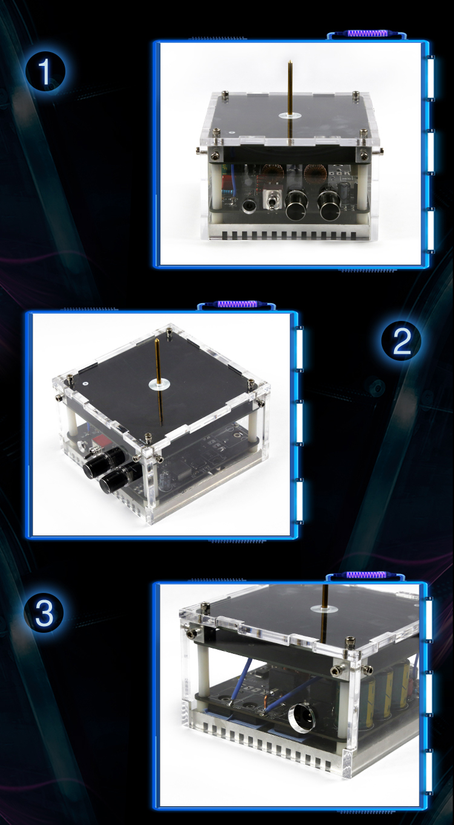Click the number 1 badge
pyautogui.click(x=45, y=71)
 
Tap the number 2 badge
pyautogui.click(x=401, y=341)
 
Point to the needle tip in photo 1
pyautogui.click(x=290, y=61)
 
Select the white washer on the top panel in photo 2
pyautogui.click(x=159, y=385)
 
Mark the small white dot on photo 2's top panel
pyautogui.click(x=85, y=383)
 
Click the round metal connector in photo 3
pyautogui.click(x=301, y=717)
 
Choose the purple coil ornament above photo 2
pyautogui.click(x=237, y=304)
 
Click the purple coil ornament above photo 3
pyautogui.click(x=366, y=575)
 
